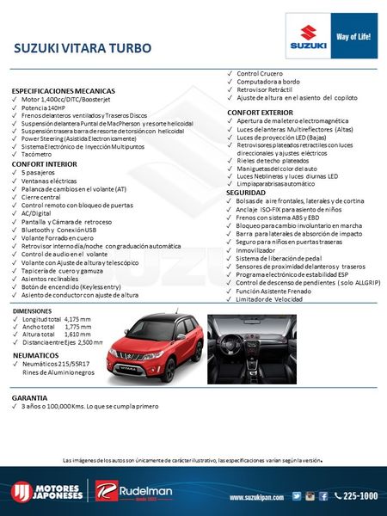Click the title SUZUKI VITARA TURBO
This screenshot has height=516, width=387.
(x=83, y=47)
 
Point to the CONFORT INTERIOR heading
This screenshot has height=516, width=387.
(x=38, y=163)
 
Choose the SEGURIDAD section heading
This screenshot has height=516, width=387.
(x=246, y=193)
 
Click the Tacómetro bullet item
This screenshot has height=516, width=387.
(x=40, y=154)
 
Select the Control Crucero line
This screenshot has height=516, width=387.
(x=260, y=74)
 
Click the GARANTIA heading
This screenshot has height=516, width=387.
(x=30, y=399)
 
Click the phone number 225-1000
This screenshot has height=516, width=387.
(x=359, y=496)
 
